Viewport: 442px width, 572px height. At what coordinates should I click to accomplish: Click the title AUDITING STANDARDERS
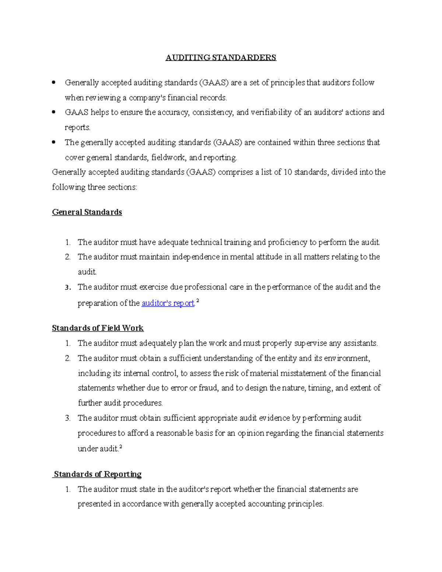[x=221, y=57]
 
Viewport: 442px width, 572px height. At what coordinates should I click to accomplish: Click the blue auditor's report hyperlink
[x=168, y=303]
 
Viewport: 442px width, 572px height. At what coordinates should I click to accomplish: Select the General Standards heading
[x=87, y=212]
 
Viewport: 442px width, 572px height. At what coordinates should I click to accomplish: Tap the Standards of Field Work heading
[x=98, y=328]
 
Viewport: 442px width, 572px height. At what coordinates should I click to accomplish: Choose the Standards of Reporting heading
[x=98, y=474]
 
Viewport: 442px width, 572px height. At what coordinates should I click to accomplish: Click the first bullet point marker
[x=54, y=83]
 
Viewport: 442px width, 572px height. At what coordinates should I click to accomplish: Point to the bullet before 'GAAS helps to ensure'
[x=54, y=112]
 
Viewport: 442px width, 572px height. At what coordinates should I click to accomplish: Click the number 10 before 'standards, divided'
[x=288, y=172]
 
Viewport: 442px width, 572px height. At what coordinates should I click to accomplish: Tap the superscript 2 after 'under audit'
[x=121, y=446]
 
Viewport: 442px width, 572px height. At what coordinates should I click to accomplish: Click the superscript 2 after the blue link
[x=198, y=301]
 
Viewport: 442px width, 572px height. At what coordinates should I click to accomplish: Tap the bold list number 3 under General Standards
[x=68, y=287]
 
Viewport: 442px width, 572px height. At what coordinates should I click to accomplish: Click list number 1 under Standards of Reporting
[x=67, y=489]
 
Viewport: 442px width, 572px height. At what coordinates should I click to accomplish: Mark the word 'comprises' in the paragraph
[x=235, y=172]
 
